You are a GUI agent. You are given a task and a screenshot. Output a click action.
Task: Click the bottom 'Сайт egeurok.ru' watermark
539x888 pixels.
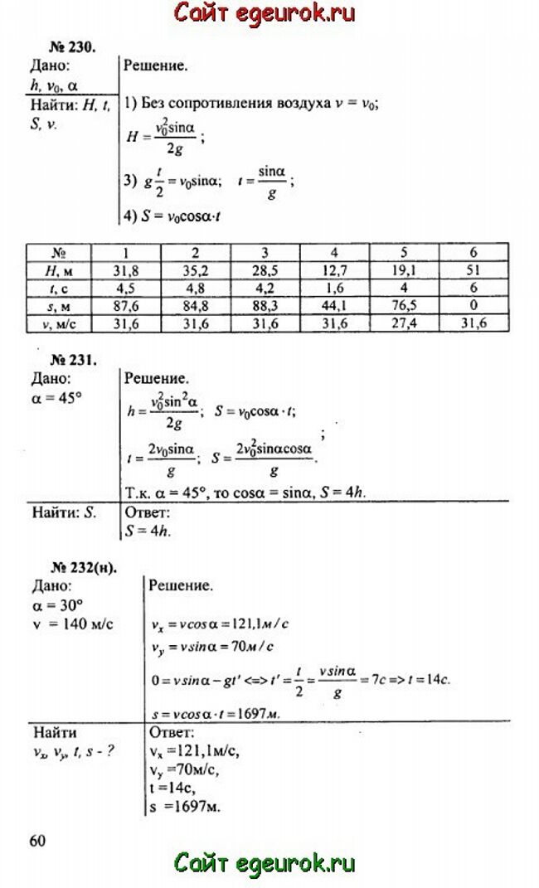[265, 862]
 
